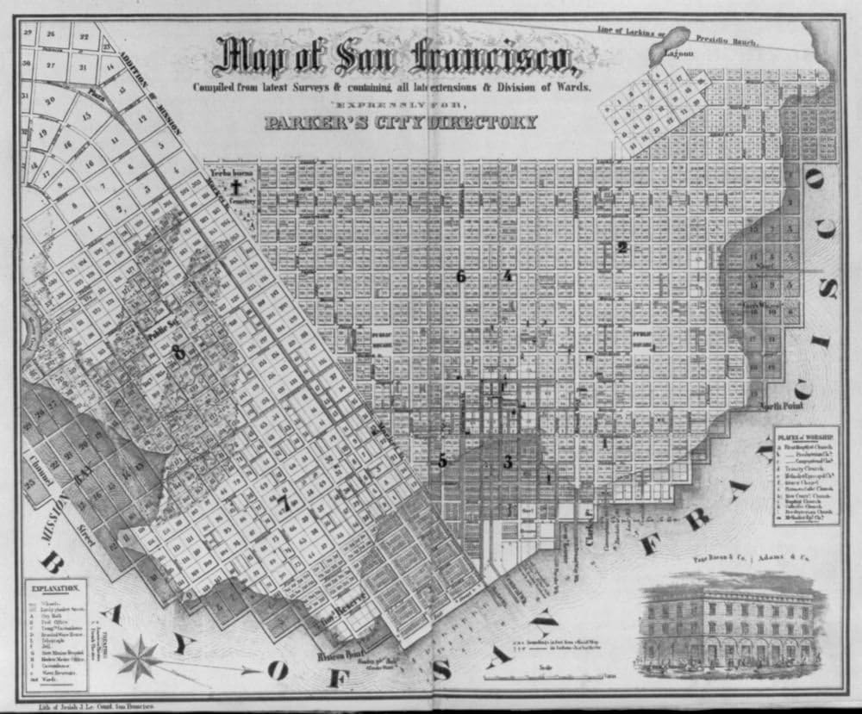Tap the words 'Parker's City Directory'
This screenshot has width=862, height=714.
[x=401, y=121]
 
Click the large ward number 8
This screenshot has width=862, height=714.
[x=178, y=351]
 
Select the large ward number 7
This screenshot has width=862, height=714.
[x=284, y=505]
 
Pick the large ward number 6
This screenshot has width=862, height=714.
[x=461, y=276]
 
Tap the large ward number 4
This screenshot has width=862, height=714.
[x=508, y=276]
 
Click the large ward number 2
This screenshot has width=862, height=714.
[x=622, y=247]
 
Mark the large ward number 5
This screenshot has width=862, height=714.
[x=442, y=461]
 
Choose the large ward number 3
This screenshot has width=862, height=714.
[x=508, y=462]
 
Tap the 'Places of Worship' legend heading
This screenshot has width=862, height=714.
[x=805, y=435]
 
